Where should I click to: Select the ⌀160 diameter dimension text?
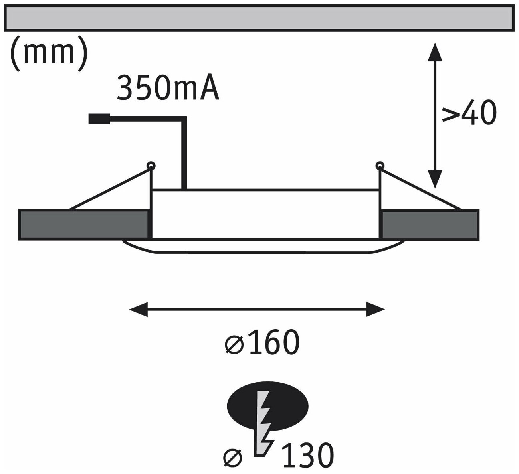pyautogui.click(x=262, y=343)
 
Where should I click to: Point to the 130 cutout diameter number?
pyautogui.click(x=307, y=455)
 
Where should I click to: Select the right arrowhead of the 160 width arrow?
pyautogui.click(x=376, y=309)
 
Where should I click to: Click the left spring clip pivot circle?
pyautogui.click(x=151, y=165)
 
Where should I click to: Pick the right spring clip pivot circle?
pyautogui.click(x=380, y=165)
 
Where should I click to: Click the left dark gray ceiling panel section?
pyautogui.click(x=84, y=225)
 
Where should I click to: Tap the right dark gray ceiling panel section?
pyautogui.click(x=430, y=225)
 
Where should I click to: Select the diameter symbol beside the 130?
pyautogui.click(x=233, y=456)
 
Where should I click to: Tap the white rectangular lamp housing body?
pyautogui.click(x=265, y=214)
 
